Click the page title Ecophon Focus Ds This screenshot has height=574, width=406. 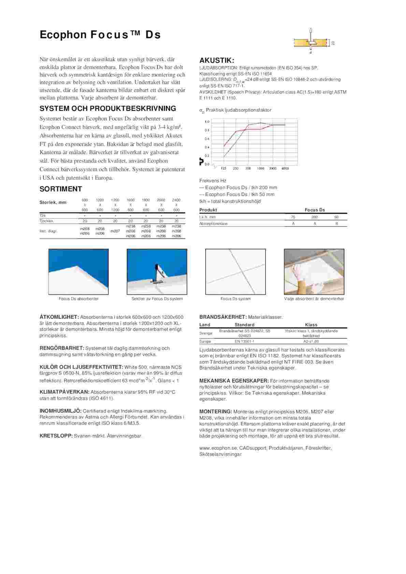coord(100,35)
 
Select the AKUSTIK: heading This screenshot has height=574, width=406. coord(217,61)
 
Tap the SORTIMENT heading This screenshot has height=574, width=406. coord(61,189)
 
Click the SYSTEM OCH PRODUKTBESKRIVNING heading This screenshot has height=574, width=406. coord(108,109)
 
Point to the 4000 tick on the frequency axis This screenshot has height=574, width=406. coord(285,168)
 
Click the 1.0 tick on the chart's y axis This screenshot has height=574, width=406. coord(207,122)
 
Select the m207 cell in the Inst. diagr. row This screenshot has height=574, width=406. coord(115,231)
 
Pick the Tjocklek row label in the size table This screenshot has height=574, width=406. coord(47,221)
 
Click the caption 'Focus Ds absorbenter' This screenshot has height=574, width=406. coord(78,299)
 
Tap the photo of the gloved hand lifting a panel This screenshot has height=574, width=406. coord(314,272)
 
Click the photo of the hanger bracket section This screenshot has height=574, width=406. coord(157,272)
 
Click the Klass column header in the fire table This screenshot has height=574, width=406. coord(311,325)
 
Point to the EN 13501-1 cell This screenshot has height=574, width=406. coord(244,341)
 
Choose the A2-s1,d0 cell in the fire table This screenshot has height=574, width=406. coord(311,341)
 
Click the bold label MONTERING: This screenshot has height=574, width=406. coord(216,412)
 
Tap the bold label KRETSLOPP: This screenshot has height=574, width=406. coord(56,436)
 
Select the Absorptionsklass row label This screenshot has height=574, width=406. coord(213,224)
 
